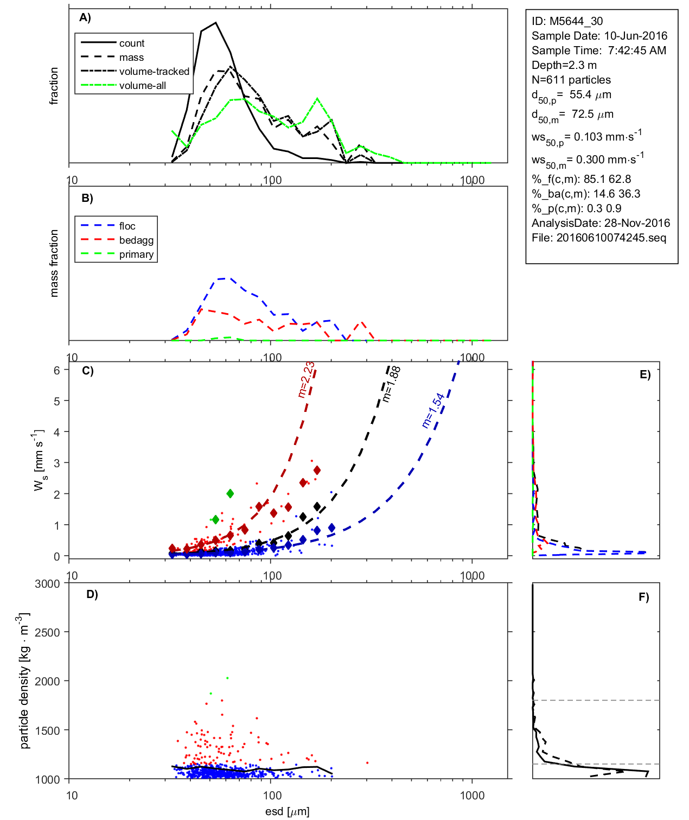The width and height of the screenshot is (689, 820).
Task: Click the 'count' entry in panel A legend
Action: [x=132, y=43]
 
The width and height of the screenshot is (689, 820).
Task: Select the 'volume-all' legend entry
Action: [x=143, y=86]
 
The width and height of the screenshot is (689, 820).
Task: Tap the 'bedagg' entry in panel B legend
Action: [x=136, y=240]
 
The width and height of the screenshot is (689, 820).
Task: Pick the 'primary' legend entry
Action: [x=136, y=255]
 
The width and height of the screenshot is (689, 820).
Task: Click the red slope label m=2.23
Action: [x=307, y=379]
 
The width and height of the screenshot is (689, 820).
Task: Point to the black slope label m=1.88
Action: [x=391, y=384]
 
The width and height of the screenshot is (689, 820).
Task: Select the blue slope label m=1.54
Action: [x=433, y=410]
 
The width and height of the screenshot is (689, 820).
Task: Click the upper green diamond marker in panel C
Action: [x=230, y=493]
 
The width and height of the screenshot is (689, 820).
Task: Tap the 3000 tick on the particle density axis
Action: [x=48, y=584]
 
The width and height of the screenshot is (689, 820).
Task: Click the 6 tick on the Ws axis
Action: [x=56, y=370]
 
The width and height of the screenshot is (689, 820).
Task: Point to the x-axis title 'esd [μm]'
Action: [x=288, y=811]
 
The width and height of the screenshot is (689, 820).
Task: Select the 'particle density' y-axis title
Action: [x=24, y=682]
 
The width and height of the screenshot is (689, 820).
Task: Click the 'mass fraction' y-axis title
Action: [x=54, y=263]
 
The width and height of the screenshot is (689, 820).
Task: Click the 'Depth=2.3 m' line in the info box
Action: [x=564, y=65]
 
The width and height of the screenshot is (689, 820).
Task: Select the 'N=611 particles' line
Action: [x=571, y=80]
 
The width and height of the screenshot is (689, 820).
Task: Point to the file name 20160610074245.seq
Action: [x=611, y=238]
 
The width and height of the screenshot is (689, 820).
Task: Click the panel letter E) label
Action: [x=645, y=374]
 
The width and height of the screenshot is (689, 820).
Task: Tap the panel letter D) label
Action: [x=92, y=594]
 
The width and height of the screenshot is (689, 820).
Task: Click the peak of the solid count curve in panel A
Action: [x=216, y=23]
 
